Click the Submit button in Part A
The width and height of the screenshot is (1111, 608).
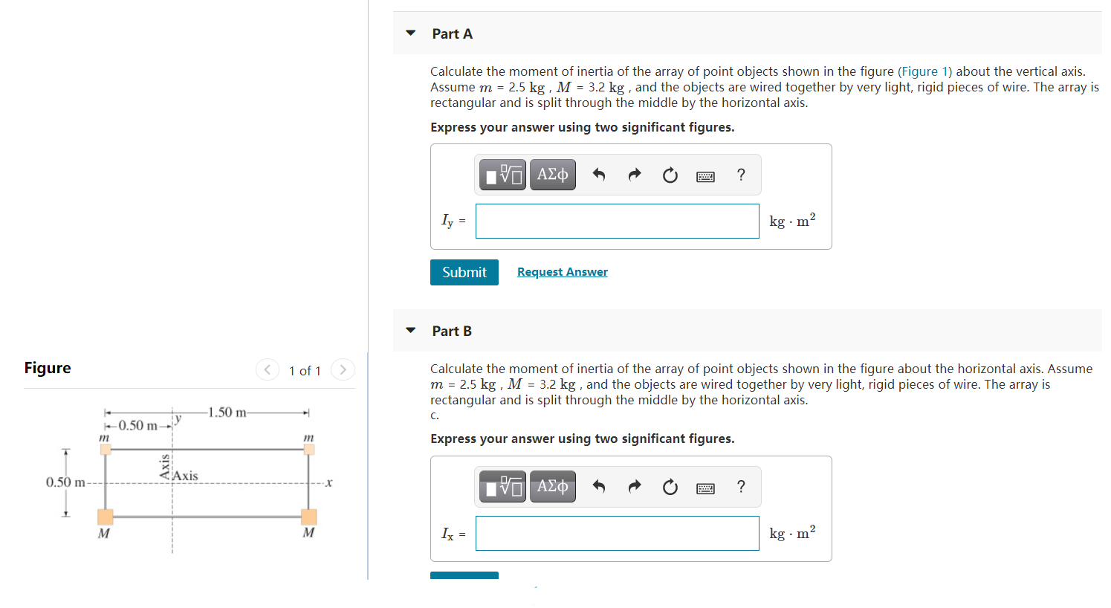[x=464, y=272]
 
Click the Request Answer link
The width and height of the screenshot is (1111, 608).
[x=562, y=272]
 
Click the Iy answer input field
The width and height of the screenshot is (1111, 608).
[x=617, y=221]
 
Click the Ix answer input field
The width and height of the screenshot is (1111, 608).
[x=617, y=534]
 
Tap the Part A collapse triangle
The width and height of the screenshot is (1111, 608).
[x=411, y=33]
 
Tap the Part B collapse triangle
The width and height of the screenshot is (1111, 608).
[x=411, y=331]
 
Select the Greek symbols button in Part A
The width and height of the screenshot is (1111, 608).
[x=552, y=175]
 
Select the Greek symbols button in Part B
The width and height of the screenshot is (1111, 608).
[x=552, y=487]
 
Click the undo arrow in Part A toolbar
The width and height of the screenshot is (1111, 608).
[x=598, y=175]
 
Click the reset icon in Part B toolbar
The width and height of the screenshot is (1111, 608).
[x=670, y=487]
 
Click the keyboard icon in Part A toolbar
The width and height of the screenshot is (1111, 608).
[x=705, y=176]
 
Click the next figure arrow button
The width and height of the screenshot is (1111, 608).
[x=343, y=369]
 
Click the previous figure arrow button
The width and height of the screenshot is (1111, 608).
[x=268, y=369]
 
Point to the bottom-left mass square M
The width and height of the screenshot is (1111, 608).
[x=106, y=517]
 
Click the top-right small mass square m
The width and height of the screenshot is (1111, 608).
[x=309, y=449]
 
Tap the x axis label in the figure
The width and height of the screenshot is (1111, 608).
[x=329, y=483]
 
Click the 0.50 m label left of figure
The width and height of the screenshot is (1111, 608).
[x=65, y=482]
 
